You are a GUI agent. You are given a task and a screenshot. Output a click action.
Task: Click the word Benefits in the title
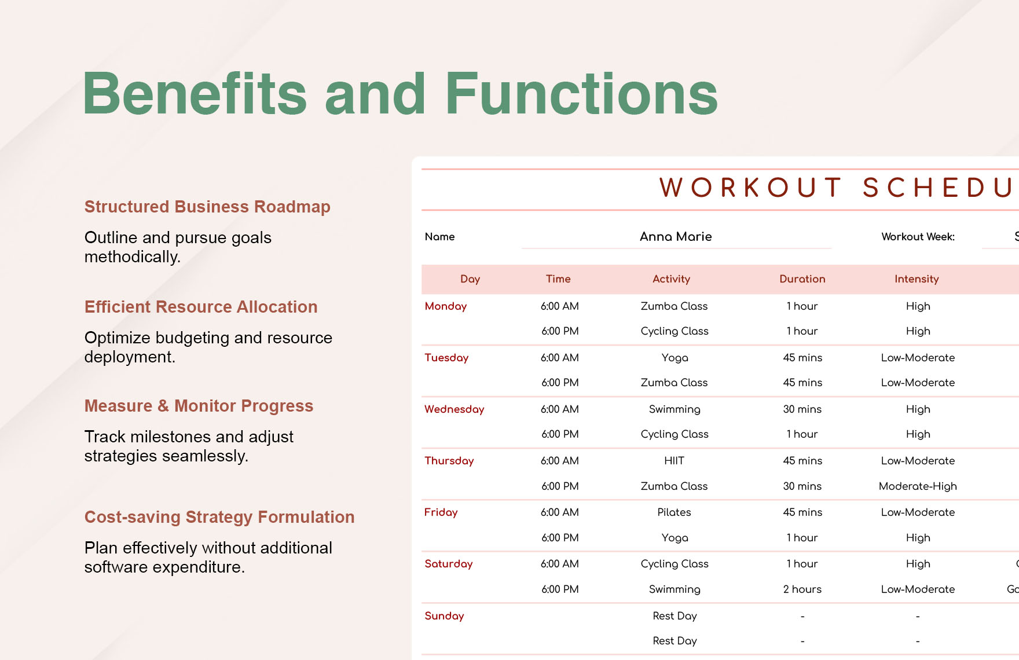pos(195,94)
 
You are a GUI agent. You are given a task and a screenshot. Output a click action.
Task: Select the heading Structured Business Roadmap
pos(207,207)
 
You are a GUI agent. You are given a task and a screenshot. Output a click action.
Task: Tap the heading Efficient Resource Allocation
pos(201,307)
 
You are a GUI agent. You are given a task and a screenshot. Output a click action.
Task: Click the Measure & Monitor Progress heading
pos(199,406)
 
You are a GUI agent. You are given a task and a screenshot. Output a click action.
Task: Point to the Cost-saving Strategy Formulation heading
pos(219,517)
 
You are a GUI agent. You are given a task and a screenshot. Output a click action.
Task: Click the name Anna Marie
pos(676,236)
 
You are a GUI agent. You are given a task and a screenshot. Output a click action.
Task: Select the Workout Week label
pos(918,236)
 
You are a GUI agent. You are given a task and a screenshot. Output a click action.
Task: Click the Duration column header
pos(802,279)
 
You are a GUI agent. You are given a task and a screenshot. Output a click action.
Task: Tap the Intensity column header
pos(917,279)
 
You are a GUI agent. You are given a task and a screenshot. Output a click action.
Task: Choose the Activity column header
pos(671,279)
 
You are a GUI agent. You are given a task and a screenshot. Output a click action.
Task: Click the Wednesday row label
pos(454,409)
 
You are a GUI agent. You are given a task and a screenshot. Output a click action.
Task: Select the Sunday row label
pos(444,616)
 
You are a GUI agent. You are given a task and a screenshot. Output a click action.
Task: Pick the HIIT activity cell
pos(674,461)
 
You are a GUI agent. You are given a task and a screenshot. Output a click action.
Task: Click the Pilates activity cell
pos(674,512)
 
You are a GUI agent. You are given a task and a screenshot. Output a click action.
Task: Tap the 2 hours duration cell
pos(802,589)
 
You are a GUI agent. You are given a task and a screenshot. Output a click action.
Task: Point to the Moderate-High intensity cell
pos(918,486)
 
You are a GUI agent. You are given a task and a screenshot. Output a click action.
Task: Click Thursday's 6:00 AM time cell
pos(559,461)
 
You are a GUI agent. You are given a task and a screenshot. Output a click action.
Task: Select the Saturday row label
pos(448,564)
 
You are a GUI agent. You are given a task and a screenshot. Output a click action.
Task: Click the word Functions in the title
pos(581,94)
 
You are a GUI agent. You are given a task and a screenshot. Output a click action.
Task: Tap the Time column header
pos(558,279)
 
